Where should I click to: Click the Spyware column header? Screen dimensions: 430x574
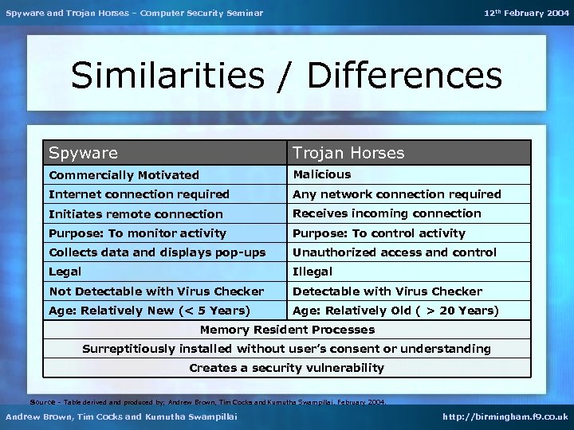click(83, 153)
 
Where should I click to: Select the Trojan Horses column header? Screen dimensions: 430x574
click(348, 153)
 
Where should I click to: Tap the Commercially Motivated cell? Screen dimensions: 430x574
click(124, 175)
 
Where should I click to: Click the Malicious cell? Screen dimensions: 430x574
click(322, 174)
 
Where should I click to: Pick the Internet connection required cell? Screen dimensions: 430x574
click(139, 194)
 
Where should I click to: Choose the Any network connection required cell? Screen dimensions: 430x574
click(396, 194)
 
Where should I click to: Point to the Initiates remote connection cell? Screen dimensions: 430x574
click(136, 214)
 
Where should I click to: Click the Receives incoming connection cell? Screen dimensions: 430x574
click(387, 213)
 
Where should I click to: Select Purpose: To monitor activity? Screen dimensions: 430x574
click(137, 233)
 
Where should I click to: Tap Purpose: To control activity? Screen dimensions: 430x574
click(379, 233)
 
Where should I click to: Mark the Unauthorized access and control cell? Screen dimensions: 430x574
click(394, 252)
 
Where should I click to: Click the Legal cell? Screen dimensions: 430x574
click(65, 272)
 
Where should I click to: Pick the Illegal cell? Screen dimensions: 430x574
click(313, 272)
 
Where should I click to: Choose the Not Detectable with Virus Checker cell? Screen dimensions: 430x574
click(156, 291)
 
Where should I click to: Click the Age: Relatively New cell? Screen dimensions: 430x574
click(149, 311)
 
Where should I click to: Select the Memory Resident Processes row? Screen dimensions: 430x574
click(287, 330)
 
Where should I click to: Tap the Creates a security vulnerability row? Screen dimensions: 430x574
click(287, 368)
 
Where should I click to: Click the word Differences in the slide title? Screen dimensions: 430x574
click(404, 76)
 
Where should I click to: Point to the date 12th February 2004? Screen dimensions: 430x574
click(526, 13)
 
